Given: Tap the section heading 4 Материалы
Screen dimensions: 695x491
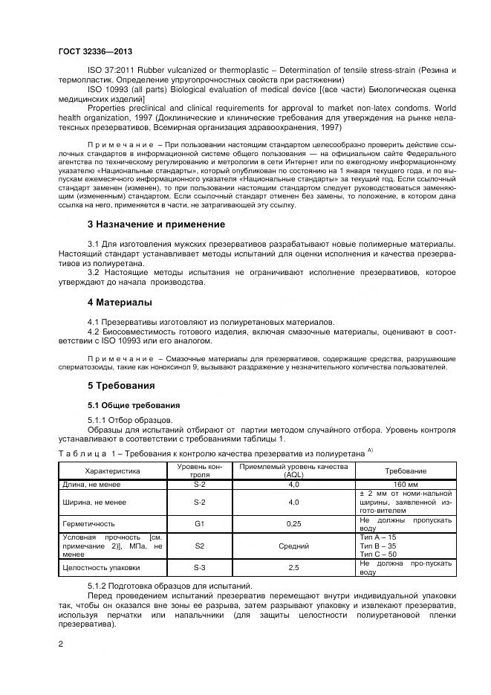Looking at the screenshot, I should [120, 303].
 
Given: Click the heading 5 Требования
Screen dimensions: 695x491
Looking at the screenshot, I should [122, 386].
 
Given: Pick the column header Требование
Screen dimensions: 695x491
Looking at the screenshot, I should [405, 471].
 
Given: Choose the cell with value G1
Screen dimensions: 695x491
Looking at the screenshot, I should [199, 523].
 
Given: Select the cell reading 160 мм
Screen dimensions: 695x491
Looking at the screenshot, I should [405, 484].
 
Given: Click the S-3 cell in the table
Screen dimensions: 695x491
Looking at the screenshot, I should [199, 568].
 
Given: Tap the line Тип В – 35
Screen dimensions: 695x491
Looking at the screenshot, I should [378, 546].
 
